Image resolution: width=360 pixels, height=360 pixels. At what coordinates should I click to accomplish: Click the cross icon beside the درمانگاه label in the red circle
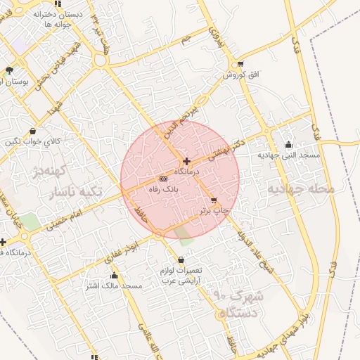click(186, 161)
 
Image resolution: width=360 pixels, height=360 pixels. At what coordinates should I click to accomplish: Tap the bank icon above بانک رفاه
click(164, 179)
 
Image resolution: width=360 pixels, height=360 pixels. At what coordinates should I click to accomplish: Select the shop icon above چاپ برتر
click(214, 200)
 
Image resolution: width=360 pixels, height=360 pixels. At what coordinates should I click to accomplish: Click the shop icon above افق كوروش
click(242, 64)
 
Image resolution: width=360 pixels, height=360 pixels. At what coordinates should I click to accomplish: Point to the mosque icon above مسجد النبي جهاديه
click(288, 144)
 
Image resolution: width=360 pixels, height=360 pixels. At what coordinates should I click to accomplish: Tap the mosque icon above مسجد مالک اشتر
click(114, 276)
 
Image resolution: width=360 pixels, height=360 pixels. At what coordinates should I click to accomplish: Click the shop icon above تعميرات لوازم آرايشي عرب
click(181, 260)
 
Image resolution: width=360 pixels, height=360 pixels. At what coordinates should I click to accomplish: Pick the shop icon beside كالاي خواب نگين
click(34, 131)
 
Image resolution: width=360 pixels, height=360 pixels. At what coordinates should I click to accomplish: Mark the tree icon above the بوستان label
click(8, 70)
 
